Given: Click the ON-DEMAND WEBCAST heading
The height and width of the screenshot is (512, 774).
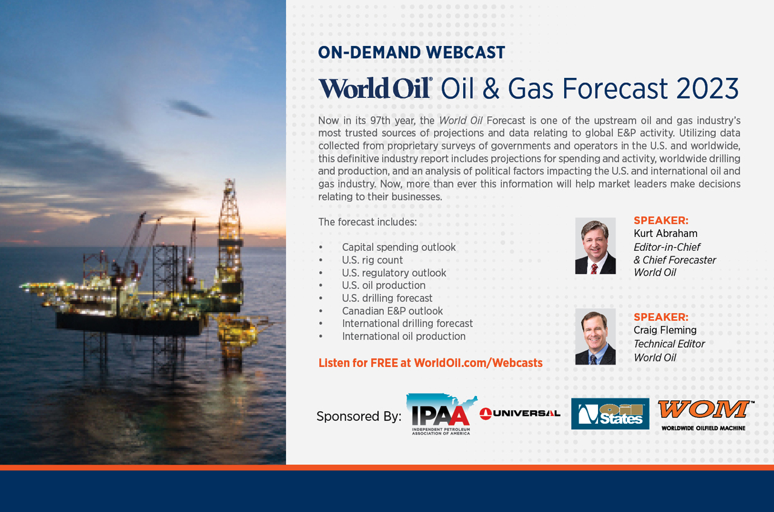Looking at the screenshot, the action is pos(412,53).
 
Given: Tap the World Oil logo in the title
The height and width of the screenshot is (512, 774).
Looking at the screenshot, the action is pos(376,88).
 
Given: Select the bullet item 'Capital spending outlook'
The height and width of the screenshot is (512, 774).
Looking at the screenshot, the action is pos(398,247).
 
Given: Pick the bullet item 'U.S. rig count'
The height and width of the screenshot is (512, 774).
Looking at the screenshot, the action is pos(372,260).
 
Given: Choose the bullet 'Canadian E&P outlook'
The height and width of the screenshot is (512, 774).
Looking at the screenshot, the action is pos(392,311).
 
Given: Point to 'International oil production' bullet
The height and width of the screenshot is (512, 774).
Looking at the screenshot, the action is pos(403,336).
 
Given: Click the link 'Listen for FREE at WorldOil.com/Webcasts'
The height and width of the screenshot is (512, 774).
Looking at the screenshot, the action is pos(430,363).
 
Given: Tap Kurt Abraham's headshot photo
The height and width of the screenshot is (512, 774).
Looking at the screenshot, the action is pos(596,245).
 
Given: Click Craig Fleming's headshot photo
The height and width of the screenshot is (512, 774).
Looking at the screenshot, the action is pos(596,337).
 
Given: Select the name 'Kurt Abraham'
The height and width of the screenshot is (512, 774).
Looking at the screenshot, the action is pos(665,233).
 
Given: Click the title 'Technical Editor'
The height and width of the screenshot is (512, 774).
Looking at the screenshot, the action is pos(669,344).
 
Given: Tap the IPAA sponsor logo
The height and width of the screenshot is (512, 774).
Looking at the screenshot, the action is pos(441,414).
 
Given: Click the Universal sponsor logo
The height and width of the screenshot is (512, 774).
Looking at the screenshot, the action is pos(519,413).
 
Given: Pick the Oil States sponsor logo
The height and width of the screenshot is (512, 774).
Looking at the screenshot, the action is pos(610,413).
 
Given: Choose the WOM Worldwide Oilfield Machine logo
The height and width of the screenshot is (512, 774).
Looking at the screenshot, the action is pos(705,416).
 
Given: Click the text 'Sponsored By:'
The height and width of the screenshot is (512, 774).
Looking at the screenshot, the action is pos(359,416).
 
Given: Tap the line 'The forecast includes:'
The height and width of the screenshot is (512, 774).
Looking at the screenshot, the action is pos(367,222).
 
